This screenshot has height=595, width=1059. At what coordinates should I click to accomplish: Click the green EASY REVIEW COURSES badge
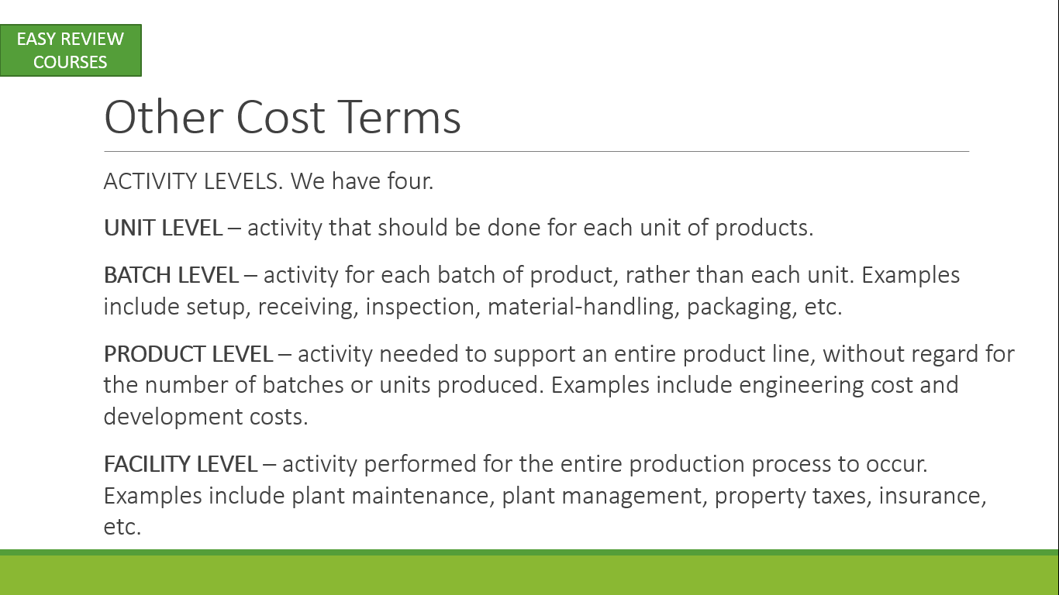pyautogui.click(x=71, y=50)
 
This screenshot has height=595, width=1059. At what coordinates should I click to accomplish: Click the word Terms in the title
pyautogui.click(x=399, y=117)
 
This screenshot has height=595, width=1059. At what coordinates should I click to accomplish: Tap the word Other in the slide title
pyautogui.click(x=164, y=117)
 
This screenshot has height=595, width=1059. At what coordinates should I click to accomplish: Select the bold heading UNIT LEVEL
pyautogui.click(x=163, y=228)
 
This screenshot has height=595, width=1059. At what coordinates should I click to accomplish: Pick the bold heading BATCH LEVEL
pyautogui.click(x=171, y=275)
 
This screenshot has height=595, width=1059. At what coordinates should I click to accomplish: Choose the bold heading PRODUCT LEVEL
pyautogui.click(x=188, y=354)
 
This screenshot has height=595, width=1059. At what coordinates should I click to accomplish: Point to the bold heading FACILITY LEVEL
pyautogui.click(x=181, y=464)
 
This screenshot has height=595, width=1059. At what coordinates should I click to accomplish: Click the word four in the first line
pyautogui.click(x=410, y=181)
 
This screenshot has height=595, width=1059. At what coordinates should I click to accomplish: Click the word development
pyautogui.click(x=173, y=418)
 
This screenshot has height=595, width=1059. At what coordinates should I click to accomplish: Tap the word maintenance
pyautogui.click(x=423, y=497)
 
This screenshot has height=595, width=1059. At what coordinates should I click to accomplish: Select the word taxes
pyautogui.click(x=842, y=497)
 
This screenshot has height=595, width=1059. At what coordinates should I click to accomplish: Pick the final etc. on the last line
pyautogui.click(x=122, y=528)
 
